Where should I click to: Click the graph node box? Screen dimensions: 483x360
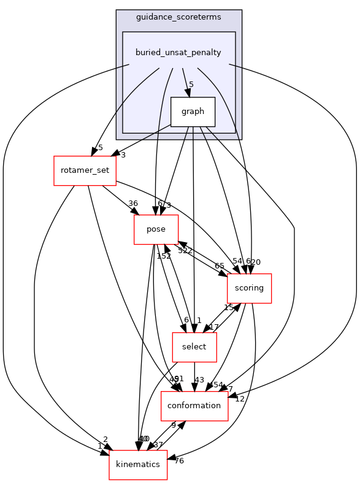click(192, 112)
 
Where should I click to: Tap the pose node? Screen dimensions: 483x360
click(156, 229)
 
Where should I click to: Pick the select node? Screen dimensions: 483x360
click(194, 347)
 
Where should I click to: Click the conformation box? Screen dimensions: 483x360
click(194, 406)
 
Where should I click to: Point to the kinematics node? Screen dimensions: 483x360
click(138, 465)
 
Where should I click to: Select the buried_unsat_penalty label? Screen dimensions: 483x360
click(178, 53)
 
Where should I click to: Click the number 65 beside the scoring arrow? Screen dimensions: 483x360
click(219, 266)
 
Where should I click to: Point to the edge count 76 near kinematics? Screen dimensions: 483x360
click(179, 461)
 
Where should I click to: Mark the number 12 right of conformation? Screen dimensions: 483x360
click(240, 399)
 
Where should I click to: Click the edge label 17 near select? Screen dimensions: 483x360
click(214, 327)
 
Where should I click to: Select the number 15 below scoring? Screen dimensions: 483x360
click(229, 308)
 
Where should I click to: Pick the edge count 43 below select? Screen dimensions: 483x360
click(199, 381)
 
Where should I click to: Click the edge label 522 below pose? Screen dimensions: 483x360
click(185, 251)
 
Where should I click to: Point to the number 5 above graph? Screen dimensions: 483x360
click(191, 85)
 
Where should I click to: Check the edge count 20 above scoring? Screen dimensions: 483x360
click(256, 262)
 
